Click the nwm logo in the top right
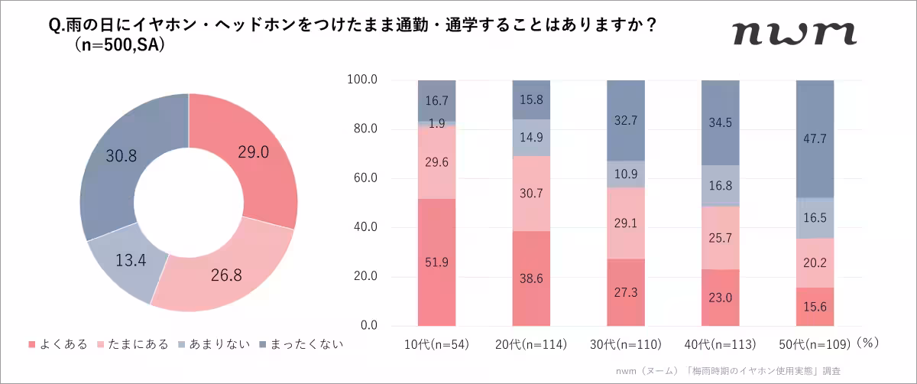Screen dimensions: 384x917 tap(793, 33)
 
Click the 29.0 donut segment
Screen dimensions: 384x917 tap(253, 153)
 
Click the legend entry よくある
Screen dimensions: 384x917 tap(58, 344)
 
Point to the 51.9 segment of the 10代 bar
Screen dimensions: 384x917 tap(436, 262)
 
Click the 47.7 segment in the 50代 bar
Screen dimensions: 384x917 tap(815, 138)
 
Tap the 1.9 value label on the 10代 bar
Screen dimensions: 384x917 tap(436, 124)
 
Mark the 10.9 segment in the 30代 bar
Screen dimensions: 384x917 tap(626, 174)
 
